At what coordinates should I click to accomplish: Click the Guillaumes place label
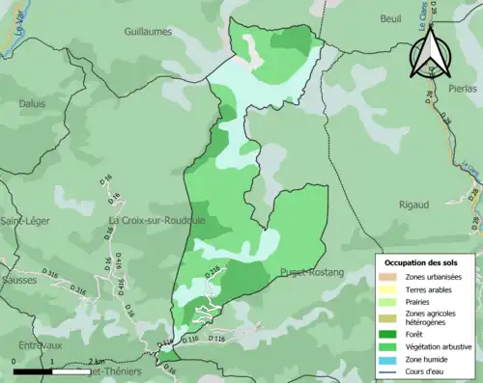[x=154, y=31]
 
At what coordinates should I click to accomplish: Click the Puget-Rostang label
[x=312, y=273]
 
